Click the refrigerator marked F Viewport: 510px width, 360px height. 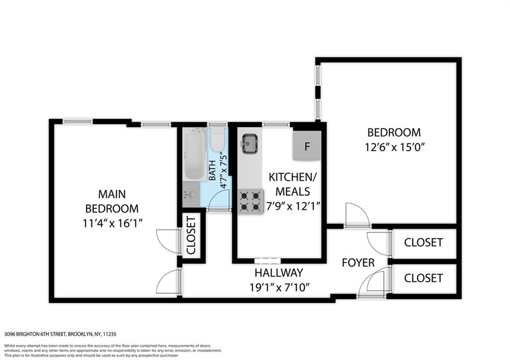(307, 146)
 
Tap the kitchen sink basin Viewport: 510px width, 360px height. (250, 144)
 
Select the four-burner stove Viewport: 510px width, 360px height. (251, 201)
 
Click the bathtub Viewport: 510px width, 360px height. (194, 153)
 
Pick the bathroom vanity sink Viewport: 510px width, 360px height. (191, 195)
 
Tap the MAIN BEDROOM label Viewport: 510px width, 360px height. (112, 201)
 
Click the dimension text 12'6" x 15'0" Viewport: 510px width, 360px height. (395, 147)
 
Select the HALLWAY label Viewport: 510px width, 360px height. (279, 272)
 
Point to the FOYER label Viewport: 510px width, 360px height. (358, 262)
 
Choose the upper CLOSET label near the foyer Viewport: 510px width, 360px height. (423, 242)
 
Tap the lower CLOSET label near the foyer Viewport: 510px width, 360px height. (423, 278)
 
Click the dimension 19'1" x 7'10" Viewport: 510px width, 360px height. (279, 287)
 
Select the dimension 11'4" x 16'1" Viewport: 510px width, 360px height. (112, 224)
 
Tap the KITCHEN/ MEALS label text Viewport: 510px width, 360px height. (292, 184)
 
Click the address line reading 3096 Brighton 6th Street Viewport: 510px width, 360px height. (60, 334)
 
